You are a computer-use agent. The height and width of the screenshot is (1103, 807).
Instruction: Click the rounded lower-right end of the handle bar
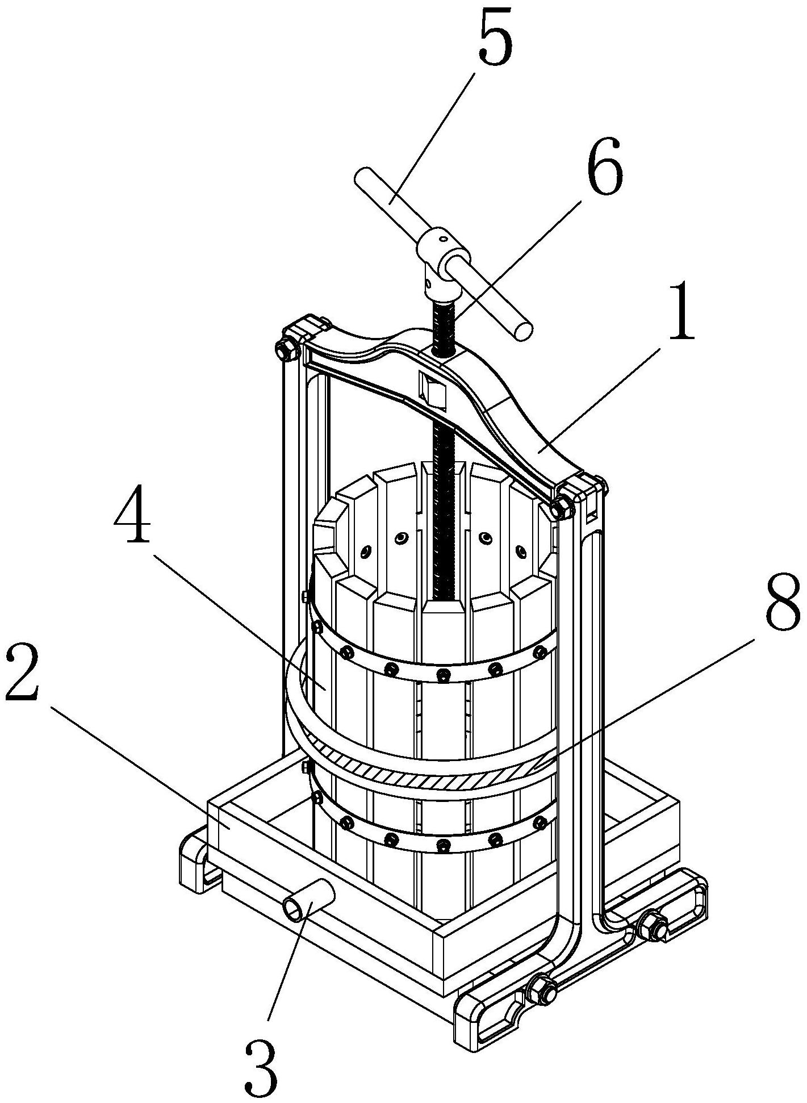tap(523, 331)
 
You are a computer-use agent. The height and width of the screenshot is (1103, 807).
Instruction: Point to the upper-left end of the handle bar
tap(364, 177)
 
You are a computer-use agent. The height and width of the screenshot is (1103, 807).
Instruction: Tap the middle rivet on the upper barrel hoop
tap(441, 674)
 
